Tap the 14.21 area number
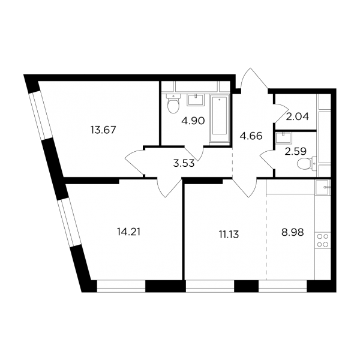(x=128, y=232)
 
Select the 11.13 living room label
(x=229, y=235)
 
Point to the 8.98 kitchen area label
(x=293, y=233)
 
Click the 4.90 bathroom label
(x=193, y=121)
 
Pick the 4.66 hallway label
(x=251, y=136)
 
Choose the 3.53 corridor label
(x=184, y=164)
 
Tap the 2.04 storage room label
(x=298, y=117)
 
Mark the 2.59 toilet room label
(x=296, y=152)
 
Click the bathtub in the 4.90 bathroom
(x=220, y=119)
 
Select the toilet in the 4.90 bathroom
(x=173, y=104)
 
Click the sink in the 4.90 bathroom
(x=196, y=100)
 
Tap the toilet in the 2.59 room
(x=307, y=163)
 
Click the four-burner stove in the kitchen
(x=323, y=241)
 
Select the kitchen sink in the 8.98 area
(x=323, y=187)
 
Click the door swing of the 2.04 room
(x=281, y=113)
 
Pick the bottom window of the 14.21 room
(x=121, y=286)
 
